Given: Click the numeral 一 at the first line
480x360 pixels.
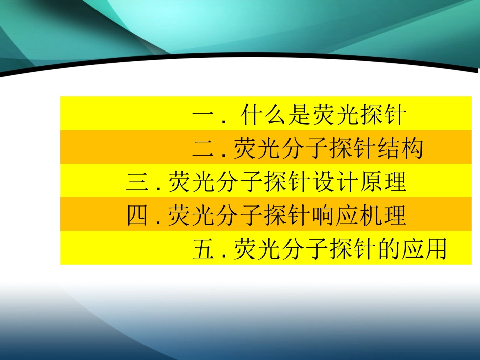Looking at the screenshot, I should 203,116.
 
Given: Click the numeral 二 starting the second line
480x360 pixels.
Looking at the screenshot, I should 203,148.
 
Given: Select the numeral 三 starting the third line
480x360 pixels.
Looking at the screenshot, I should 137,182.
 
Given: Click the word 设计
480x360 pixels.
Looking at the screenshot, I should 335,182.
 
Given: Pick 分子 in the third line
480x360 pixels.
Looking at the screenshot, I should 240,182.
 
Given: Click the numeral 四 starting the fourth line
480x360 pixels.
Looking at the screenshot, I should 137,216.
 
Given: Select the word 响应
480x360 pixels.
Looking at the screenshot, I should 335,216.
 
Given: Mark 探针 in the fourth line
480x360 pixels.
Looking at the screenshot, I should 288,216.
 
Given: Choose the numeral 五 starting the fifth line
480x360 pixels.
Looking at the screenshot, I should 203,249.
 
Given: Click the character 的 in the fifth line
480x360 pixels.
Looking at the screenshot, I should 388,249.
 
